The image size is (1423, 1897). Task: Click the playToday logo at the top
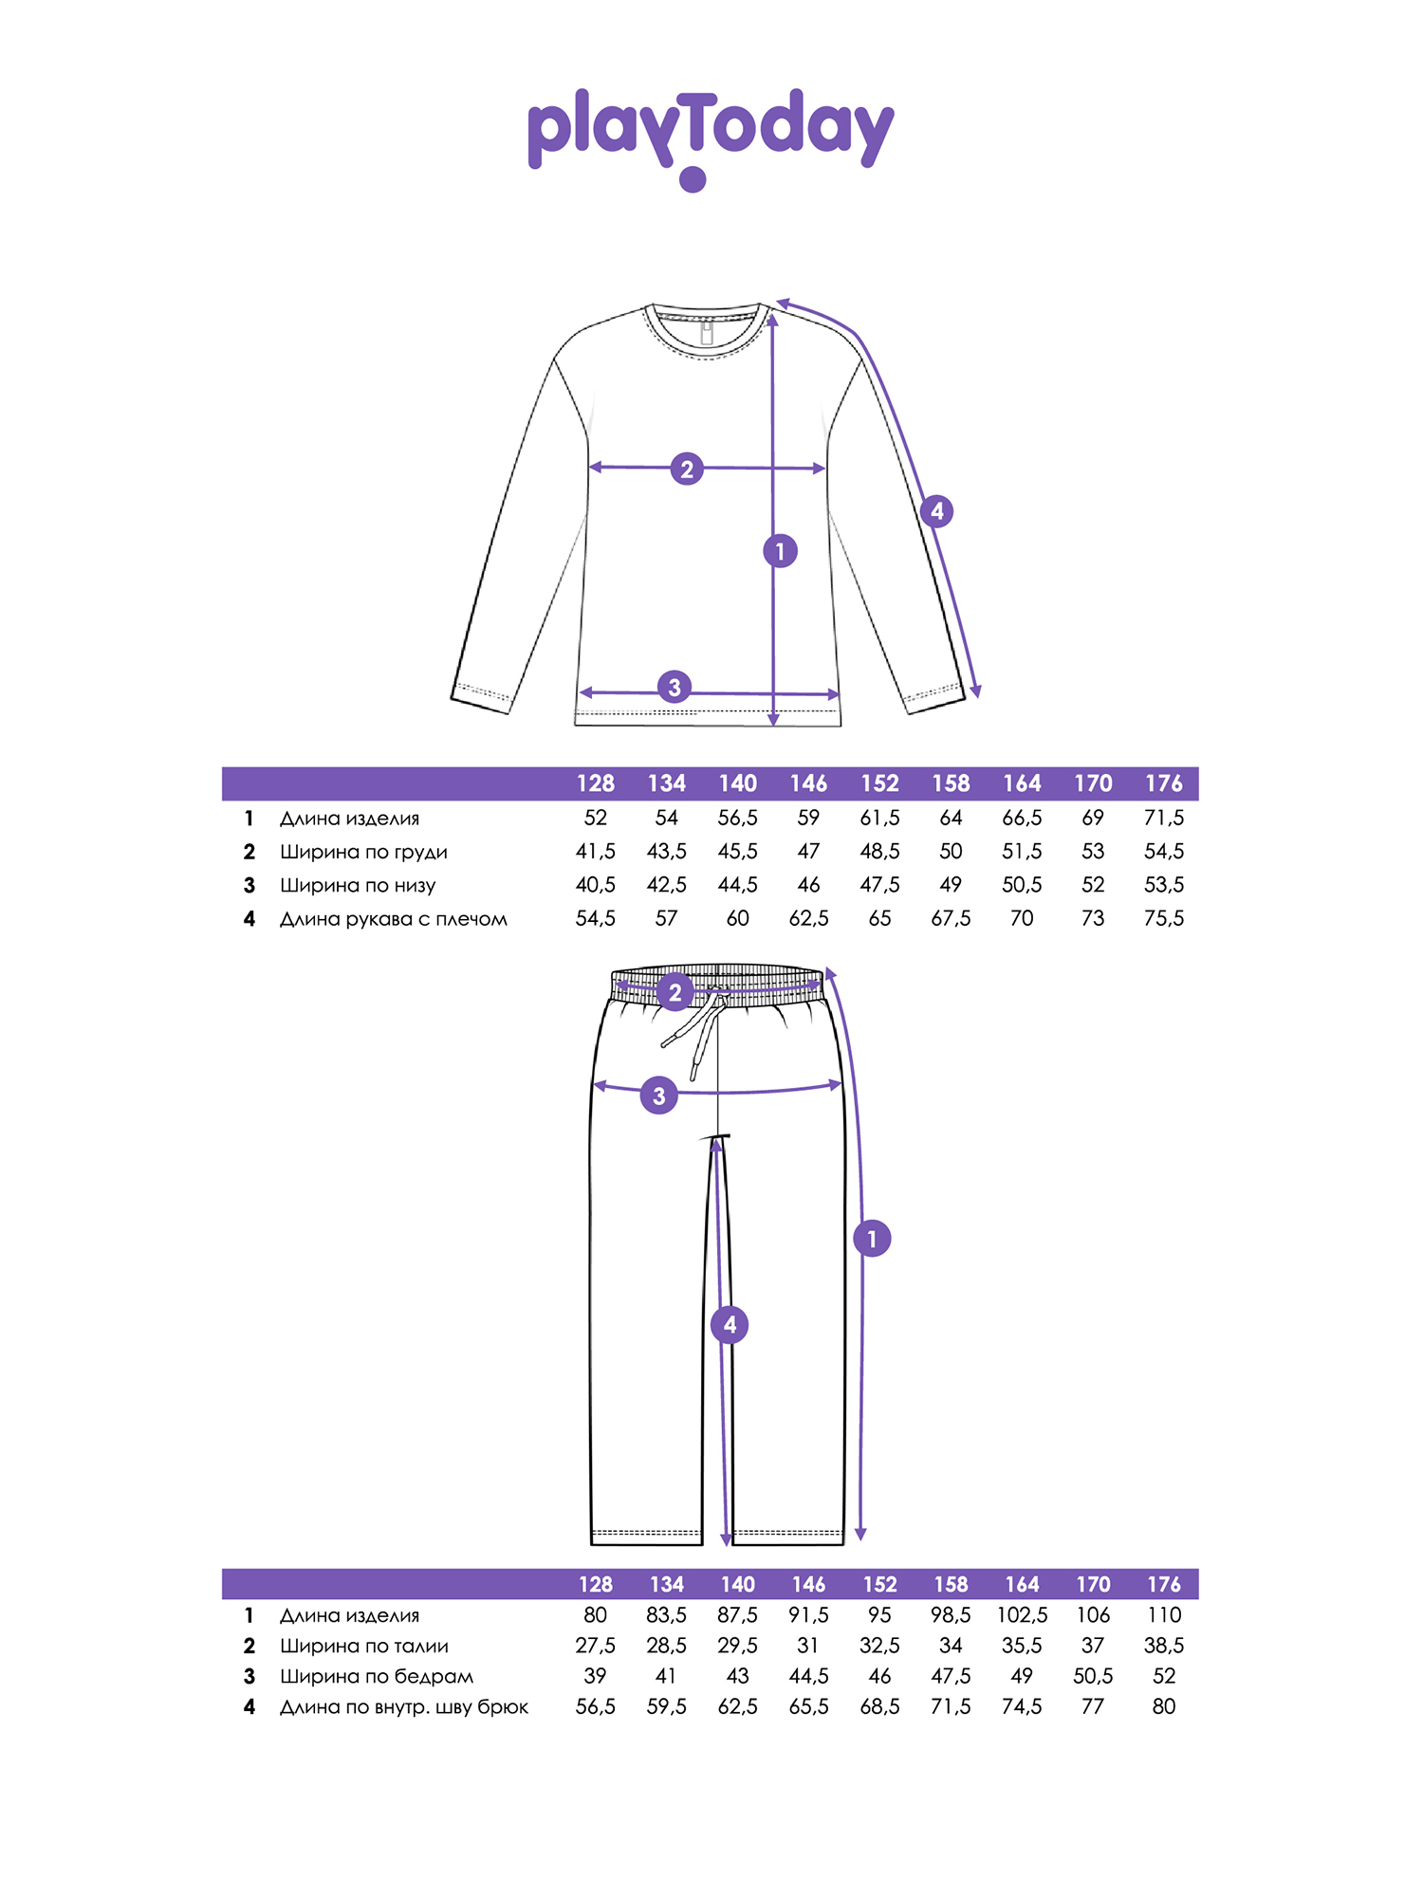711,138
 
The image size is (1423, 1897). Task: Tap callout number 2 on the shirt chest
687,469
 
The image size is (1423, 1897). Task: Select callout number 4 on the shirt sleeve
937,511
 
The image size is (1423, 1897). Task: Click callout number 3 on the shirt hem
675,687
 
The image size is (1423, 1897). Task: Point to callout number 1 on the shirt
780,551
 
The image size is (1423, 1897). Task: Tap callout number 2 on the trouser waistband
675,993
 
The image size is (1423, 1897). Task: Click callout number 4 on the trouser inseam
730,1325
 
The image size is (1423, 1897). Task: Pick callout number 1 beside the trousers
872,1239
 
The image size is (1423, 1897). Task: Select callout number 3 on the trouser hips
659,1096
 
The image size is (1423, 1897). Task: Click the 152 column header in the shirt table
879,783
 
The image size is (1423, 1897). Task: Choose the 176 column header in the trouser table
1164,1584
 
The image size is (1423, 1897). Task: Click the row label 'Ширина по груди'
363,852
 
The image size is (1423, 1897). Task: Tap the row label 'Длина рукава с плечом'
394,919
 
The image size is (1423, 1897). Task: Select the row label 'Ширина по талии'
364,1646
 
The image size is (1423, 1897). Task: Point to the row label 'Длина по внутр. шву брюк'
404,1707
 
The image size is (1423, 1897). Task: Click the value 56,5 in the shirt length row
737,818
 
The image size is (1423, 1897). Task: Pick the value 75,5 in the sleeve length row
1164,918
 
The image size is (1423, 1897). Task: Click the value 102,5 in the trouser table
1022,1615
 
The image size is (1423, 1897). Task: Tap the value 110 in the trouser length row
1164,1615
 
